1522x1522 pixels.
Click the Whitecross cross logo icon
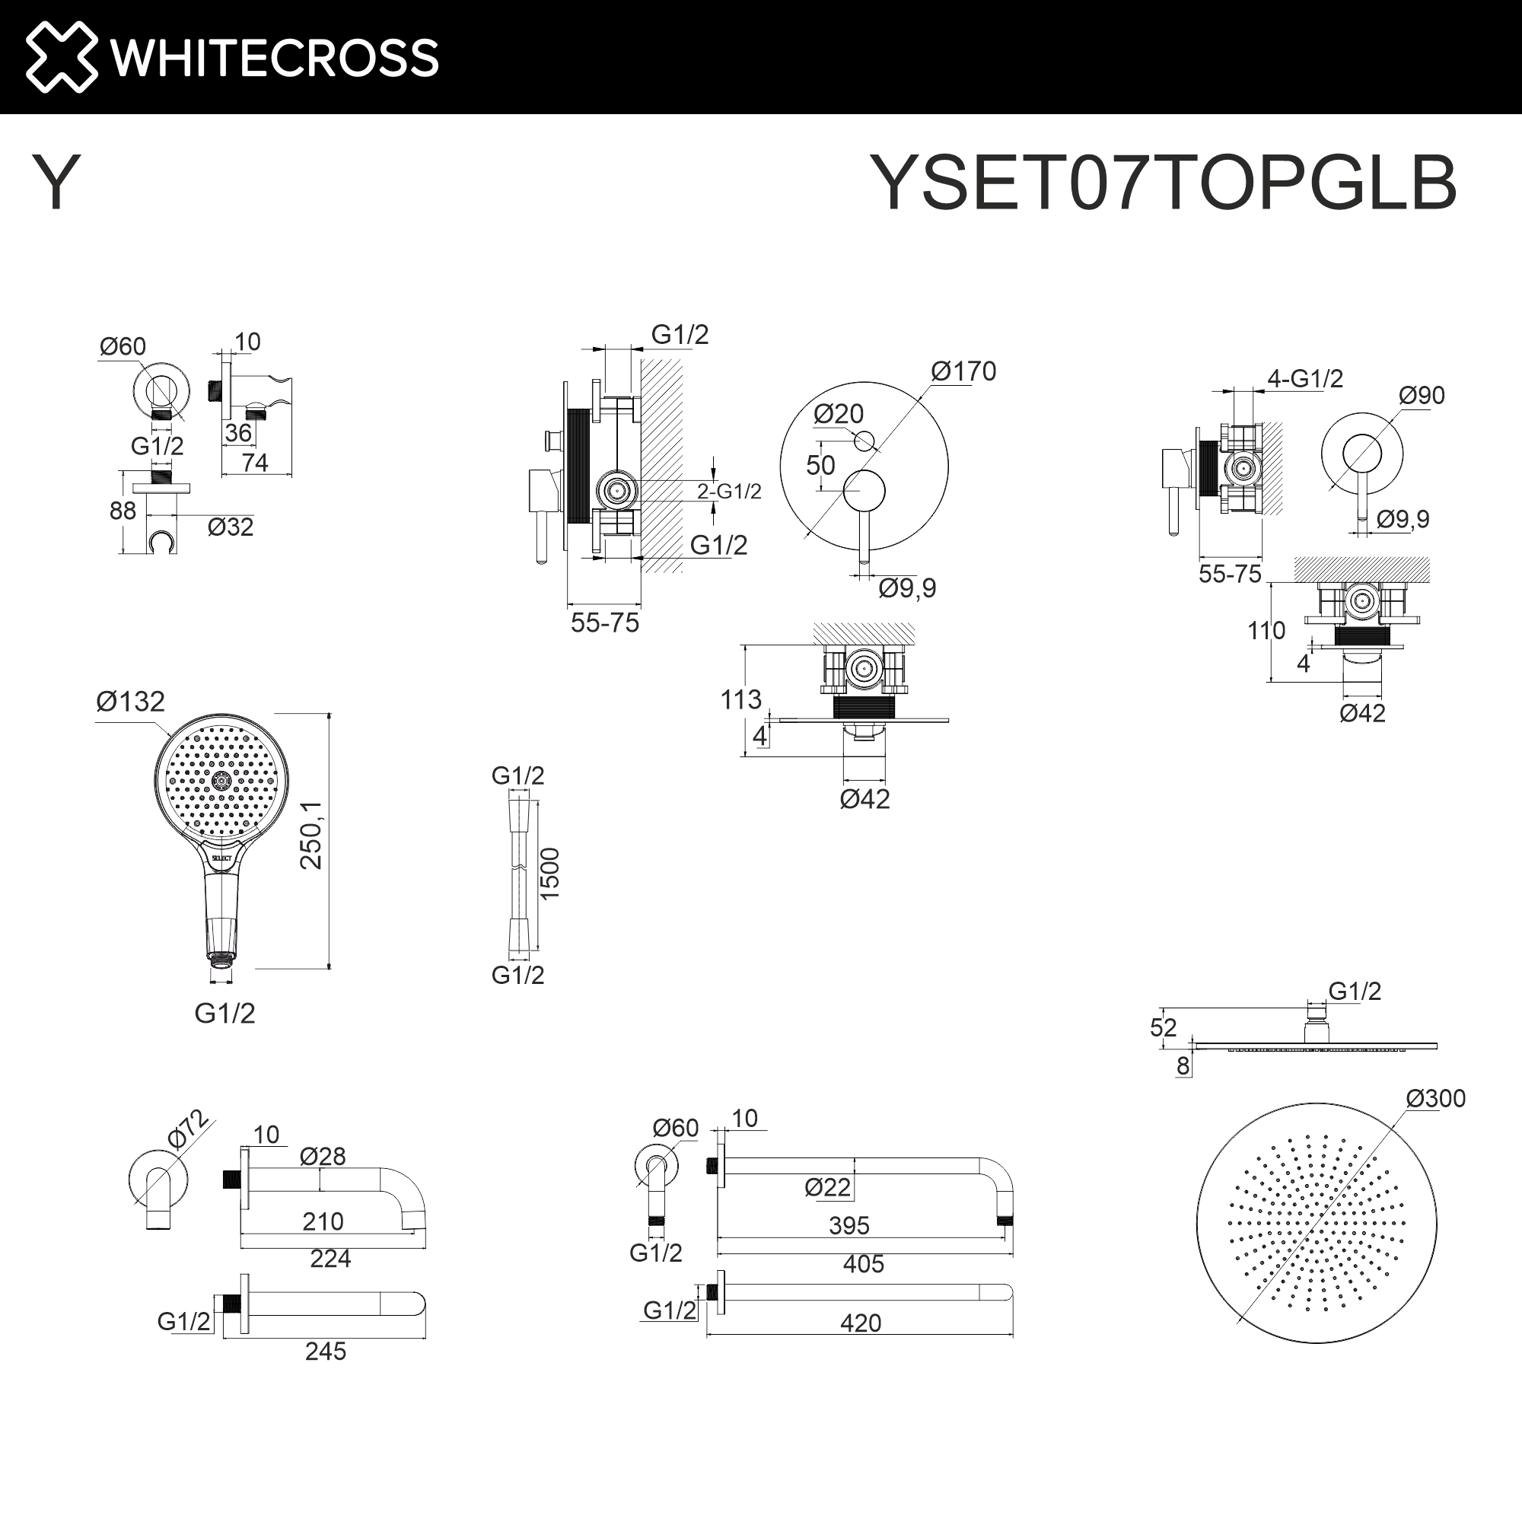pos(62,57)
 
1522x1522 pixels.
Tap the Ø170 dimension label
pos(963,371)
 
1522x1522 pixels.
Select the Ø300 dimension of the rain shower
pos(1434,1098)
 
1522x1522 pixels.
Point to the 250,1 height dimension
pos(311,835)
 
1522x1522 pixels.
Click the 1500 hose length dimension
pos(549,874)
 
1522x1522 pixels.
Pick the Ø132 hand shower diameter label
pos(130,701)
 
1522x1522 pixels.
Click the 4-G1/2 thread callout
pos(1304,379)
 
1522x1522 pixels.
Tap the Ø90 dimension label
pos(1421,395)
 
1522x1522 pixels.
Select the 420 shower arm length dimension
pos(860,1323)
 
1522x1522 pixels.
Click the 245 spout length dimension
pos(326,1351)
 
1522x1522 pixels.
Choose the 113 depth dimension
pos(740,699)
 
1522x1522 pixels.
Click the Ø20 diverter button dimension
pos(838,413)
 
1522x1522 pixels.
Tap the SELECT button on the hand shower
pos(221,856)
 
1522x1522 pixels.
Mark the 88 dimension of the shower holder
pos(122,511)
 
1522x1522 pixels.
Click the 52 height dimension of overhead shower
pos(1163,1027)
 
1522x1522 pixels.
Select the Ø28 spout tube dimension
pos(322,1157)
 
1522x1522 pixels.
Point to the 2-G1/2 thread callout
pos(729,492)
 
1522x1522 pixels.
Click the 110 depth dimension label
pos(1266,630)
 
